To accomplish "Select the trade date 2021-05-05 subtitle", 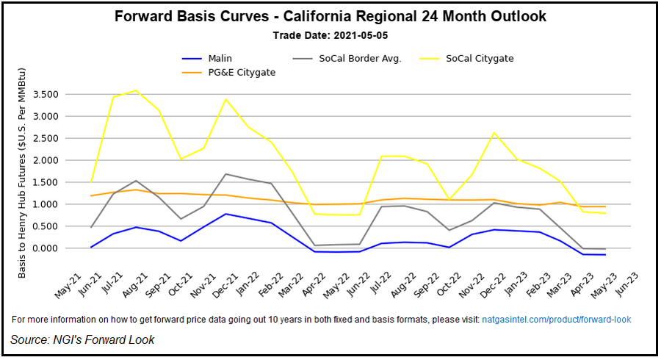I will click(x=330, y=35).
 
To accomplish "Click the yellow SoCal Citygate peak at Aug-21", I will click(x=135, y=90).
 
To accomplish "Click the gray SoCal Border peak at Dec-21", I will click(x=225, y=174).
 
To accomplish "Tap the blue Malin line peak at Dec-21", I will click(x=225, y=214).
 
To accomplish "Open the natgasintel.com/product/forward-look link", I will click(x=556, y=320).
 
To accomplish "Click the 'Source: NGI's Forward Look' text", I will click(x=82, y=339).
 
